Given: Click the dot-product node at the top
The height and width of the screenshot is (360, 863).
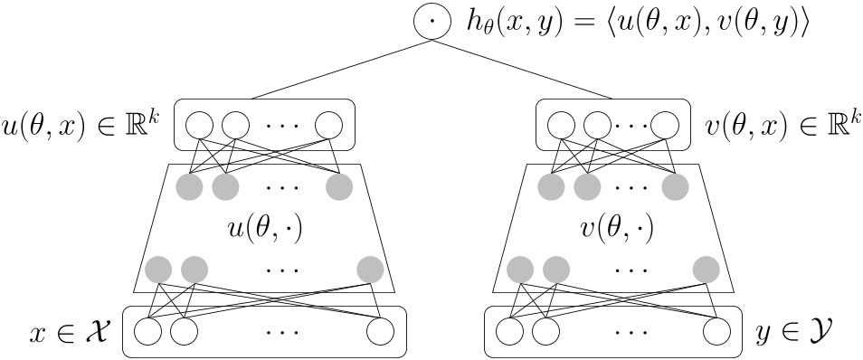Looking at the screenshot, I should pyautogui.click(x=431, y=22).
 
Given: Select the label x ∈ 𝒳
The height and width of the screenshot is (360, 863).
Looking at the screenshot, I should pyautogui.click(x=69, y=332).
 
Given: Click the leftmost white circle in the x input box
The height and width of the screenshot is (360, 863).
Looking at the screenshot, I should pyautogui.click(x=147, y=332).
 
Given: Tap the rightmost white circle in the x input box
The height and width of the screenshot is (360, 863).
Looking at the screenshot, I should pyautogui.click(x=381, y=332).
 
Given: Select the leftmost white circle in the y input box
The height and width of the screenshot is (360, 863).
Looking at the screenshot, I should pyautogui.click(x=509, y=332).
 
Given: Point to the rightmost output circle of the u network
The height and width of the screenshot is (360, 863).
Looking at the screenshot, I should pyautogui.click(x=329, y=124).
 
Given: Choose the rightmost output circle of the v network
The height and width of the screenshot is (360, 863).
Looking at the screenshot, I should pyautogui.click(x=663, y=124).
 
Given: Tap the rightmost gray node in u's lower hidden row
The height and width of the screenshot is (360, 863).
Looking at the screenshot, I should pyautogui.click(x=370, y=269).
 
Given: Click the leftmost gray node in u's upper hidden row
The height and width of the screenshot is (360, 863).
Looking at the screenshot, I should pyautogui.click(x=189, y=187).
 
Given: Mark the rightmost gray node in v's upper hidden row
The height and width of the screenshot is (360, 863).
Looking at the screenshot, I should pyautogui.click(x=674, y=187).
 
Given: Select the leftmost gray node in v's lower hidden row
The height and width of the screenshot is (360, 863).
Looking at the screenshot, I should pyautogui.click(x=520, y=269).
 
